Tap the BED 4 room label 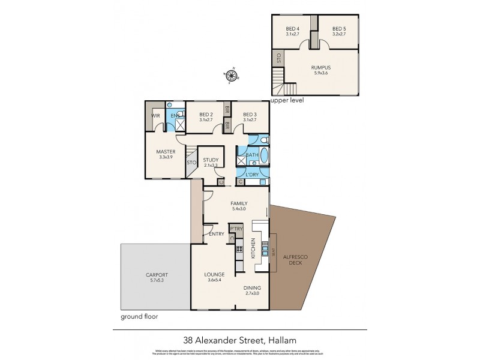click(x=292, y=29)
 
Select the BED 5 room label click(x=339, y=29)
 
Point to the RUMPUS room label click(x=321, y=68)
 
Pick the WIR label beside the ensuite click(x=155, y=115)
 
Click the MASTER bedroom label click(x=165, y=152)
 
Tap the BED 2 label click(x=206, y=115)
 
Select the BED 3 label click(x=250, y=115)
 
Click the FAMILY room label click(x=239, y=203)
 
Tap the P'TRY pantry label click(x=236, y=229)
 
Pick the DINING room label click(x=252, y=287)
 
